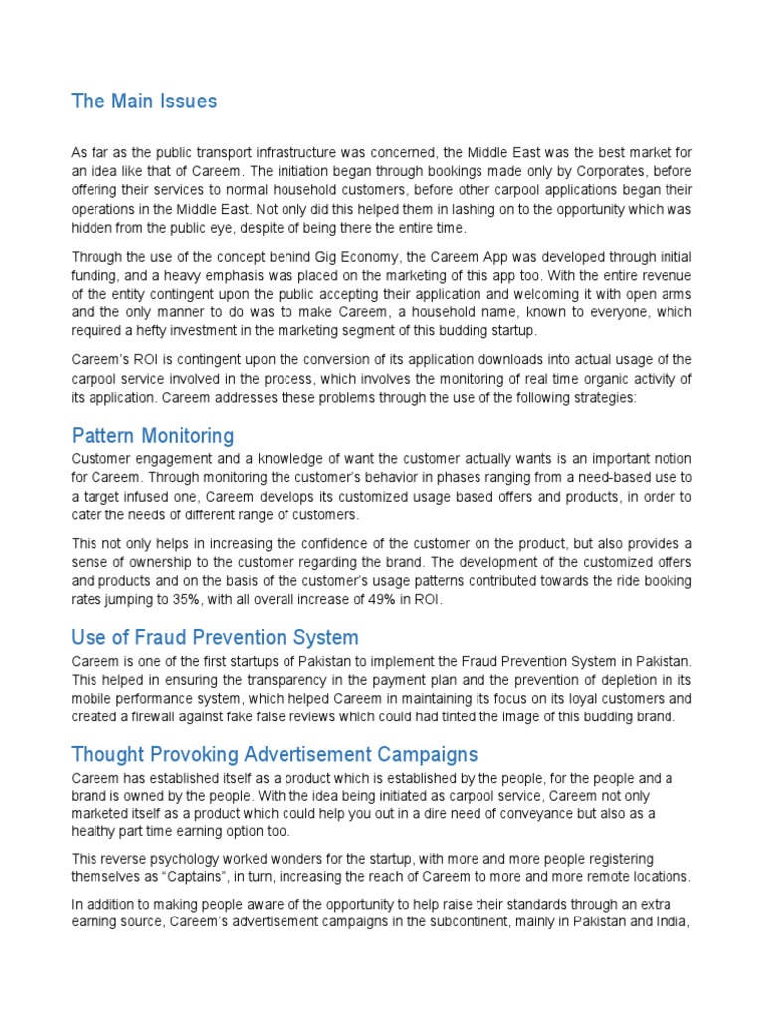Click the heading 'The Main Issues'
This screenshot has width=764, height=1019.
[x=143, y=102]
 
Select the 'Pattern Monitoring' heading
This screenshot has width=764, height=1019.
[x=152, y=436]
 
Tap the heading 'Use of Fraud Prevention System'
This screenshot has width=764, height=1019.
[x=215, y=637]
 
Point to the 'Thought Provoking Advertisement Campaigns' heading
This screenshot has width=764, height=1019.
[x=275, y=754]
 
